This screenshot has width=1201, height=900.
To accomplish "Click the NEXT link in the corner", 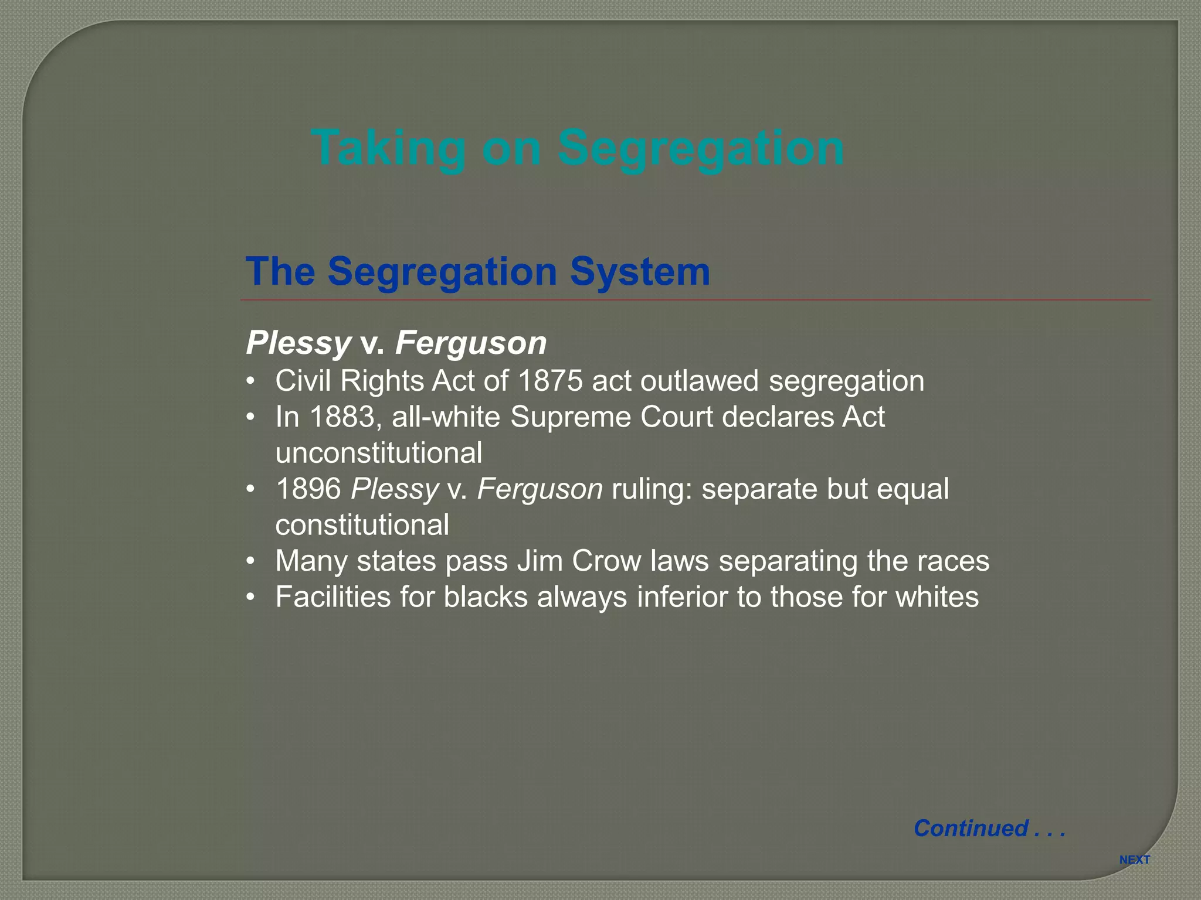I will tap(1134, 860).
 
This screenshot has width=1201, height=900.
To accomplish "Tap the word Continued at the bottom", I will tap(971, 828).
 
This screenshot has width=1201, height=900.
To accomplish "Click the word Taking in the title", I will tap(388, 148).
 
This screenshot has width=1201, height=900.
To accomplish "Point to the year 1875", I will tap(551, 381).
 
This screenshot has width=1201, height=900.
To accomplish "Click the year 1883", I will tap(342, 417).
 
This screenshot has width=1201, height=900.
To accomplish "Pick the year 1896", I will tap(308, 489).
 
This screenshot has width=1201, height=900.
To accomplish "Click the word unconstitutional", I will tap(379, 453).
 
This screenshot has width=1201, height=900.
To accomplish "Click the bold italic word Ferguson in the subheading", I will tap(471, 343).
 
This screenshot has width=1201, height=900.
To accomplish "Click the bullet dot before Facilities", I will tap(251, 598).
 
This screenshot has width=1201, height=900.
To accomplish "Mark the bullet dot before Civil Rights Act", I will tap(251, 381).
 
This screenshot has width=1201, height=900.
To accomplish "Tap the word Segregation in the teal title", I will tap(700, 148).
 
